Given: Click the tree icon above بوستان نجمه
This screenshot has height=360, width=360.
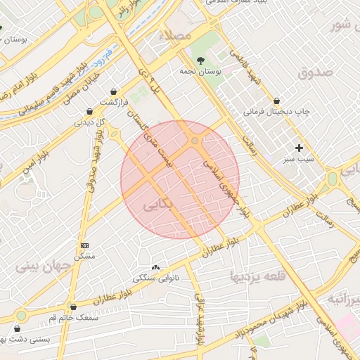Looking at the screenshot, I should coord(202,60).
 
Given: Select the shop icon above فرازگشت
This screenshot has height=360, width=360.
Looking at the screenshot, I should coord(114,91).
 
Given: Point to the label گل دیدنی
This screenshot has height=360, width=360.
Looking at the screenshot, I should coord(90,122).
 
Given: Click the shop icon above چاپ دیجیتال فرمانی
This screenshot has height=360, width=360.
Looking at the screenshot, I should coord(276,101).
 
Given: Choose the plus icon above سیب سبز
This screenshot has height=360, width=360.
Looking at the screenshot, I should coord(300,148).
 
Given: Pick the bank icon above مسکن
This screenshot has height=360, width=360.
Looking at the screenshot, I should coord(85,245).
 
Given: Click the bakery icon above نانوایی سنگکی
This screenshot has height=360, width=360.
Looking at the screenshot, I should coord(155,267).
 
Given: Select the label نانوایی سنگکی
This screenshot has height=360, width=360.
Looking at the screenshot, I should coord(156,278).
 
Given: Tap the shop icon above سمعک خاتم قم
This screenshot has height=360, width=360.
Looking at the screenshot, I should coord(73,307).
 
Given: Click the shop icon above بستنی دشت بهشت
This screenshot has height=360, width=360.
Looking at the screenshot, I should coord(17,328).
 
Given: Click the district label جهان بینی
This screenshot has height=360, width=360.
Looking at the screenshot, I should coord(42,266).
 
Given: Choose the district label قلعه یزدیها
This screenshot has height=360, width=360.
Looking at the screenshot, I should coord(255,276).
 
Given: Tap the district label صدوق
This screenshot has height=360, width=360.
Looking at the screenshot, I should coord(314,72).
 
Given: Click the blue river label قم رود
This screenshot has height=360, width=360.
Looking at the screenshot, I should coord(104,53).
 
